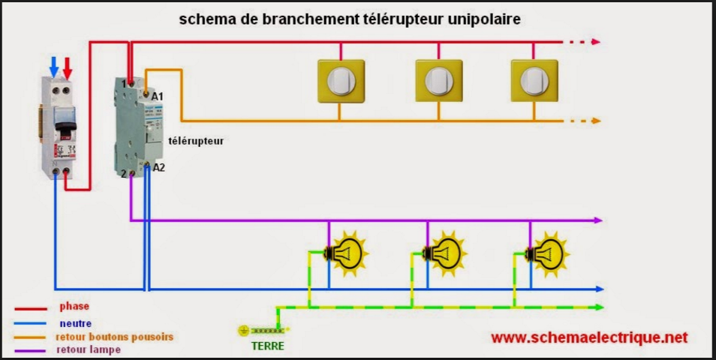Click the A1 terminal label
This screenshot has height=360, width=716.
point(158,97)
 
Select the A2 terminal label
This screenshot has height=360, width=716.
point(158,168)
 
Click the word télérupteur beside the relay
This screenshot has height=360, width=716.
point(196,140)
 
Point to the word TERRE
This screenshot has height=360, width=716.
point(267,346)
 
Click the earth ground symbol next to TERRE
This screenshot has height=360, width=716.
point(243,330)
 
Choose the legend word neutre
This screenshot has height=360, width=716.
point(75,323)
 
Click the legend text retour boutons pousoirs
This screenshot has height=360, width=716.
point(114,337)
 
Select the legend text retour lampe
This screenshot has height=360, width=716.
point(89,349)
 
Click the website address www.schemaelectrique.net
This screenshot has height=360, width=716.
point(589,337)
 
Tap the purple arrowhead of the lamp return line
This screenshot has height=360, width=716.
point(597,220)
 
